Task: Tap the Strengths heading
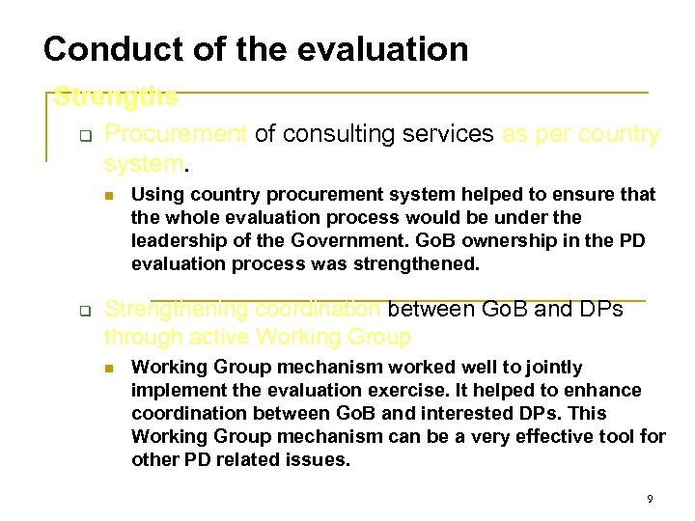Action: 115,97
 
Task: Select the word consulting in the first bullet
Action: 328,134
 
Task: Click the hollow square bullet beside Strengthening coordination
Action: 83,312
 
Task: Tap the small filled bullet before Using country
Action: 109,196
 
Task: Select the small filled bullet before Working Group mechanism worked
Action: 109,369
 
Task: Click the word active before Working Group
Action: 222,337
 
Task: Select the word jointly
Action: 549,367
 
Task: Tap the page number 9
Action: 650,499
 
